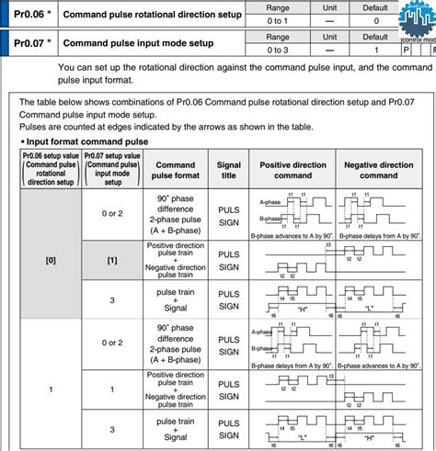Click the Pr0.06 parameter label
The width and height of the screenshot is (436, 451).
click(30, 16)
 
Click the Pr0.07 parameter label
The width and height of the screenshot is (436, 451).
click(30, 43)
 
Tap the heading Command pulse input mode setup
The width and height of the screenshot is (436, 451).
click(138, 43)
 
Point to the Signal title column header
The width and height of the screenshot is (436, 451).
click(228, 170)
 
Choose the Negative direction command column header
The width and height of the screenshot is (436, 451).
click(378, 170)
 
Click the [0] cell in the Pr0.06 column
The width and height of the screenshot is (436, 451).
click(51, 260)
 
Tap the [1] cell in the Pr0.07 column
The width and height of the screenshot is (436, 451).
click(111, 260)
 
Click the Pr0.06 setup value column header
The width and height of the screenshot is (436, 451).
click(51, 170)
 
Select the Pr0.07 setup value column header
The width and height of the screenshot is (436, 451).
click(111, 170)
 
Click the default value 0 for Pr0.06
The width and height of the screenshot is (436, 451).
click(375, 20)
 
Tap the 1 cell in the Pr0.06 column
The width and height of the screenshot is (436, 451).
click(51, 389)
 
